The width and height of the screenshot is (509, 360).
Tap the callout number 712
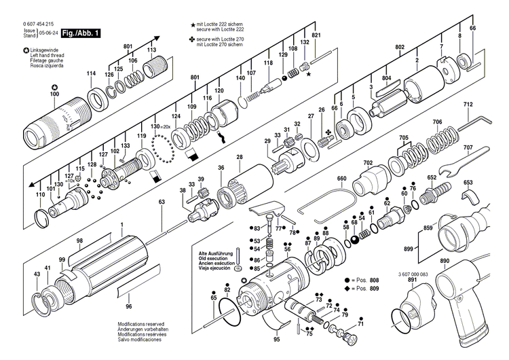[x=468, y=105]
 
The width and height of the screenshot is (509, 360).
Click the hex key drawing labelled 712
[x=474, y=124]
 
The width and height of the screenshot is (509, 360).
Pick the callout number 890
[x=445, y=262]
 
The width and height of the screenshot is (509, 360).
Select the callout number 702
[x=368, y=163]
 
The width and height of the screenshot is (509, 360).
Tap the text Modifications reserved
[x=144, y=325]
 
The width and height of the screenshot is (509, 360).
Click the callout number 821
[x=316, y=35]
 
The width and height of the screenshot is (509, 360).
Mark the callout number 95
[x=277, y=339]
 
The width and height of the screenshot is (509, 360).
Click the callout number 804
[x=386, y=79]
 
